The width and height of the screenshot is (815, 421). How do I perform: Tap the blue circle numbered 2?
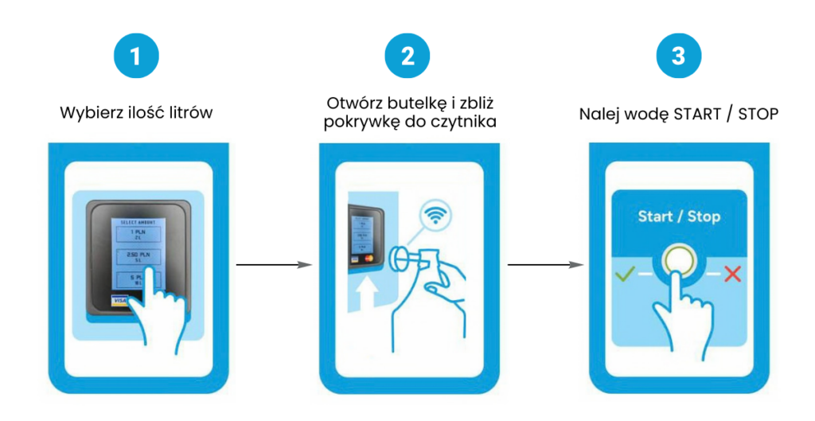click(x=407, y=56)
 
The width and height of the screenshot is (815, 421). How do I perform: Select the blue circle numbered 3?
click(x=678, y=56)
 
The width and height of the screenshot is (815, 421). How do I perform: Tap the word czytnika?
click(x=466, y=124)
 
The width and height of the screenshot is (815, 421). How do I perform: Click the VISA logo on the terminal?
click(x=119, y=302)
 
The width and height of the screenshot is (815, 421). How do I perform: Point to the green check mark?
click(x=624, y=275)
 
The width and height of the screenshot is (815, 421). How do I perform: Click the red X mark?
click(x=732, y=275)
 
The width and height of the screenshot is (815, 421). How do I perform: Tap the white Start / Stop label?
click(x=678, y=216)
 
